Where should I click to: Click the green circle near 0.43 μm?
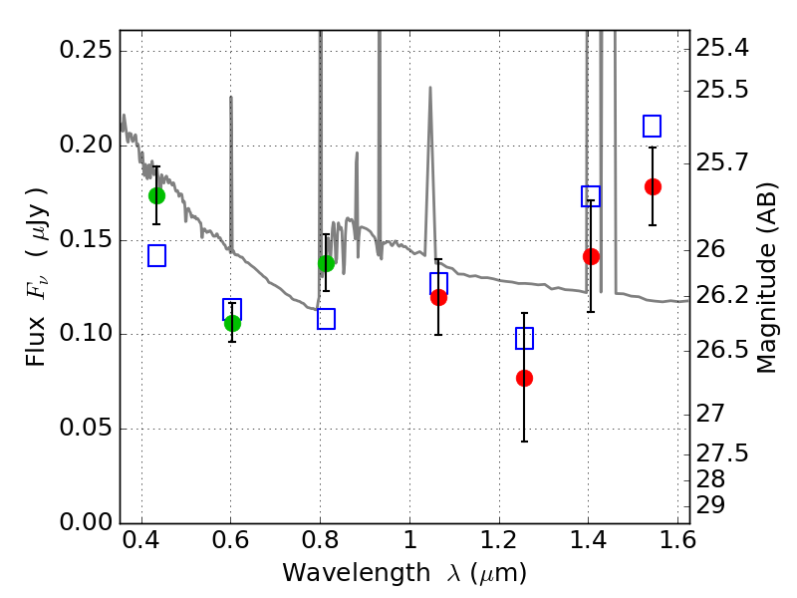pos(156,195)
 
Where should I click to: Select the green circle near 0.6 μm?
pos(232,323)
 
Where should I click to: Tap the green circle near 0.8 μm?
pos(326,263)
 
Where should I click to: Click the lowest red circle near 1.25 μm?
pos(524,379)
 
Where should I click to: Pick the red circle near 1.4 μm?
pos(591,257)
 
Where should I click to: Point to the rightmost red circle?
pos(653,187)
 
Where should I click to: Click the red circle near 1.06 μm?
pos(438,297)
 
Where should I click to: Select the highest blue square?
pos(652,127)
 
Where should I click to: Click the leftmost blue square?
pos(156,256)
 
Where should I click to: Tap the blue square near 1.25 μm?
pos(524,338)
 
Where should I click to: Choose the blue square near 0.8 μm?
pos(326,319)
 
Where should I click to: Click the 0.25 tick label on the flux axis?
pos(86,51)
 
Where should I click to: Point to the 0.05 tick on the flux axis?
pos(86,428)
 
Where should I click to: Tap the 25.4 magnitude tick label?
pos(722,48)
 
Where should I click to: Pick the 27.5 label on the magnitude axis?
pos(722,453)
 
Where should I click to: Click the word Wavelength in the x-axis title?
pos(357,573)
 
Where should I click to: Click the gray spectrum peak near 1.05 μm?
pos(430,88)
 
